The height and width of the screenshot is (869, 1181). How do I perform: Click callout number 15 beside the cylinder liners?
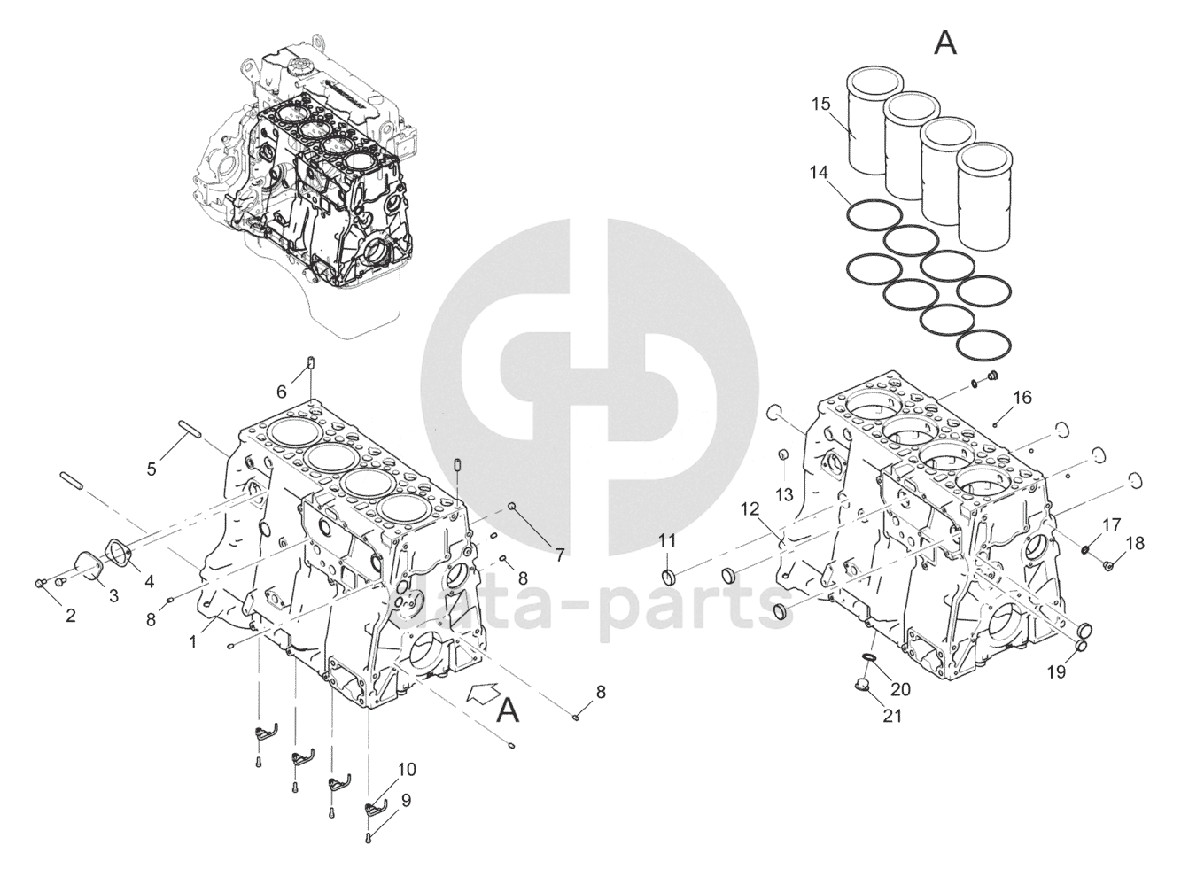tap(820, 105)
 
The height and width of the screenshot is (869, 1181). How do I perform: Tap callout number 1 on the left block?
tap(193, 641)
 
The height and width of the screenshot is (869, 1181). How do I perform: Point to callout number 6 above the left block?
tap(282, 391)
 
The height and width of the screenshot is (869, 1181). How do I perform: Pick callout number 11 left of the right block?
tap(666, 540)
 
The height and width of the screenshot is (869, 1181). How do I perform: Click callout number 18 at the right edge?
tap(1135, 542)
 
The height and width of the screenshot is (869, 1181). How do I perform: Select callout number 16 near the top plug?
tap(1022, 398)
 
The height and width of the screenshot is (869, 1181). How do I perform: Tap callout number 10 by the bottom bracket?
tap(406, 770)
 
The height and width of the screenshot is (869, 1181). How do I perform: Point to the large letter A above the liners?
tap(946, 42)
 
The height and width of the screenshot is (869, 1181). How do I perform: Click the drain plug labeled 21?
tap(860, 683)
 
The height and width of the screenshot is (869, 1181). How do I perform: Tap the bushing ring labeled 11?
tap(672, 578)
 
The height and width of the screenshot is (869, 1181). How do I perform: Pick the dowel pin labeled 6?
tap(313, 363)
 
